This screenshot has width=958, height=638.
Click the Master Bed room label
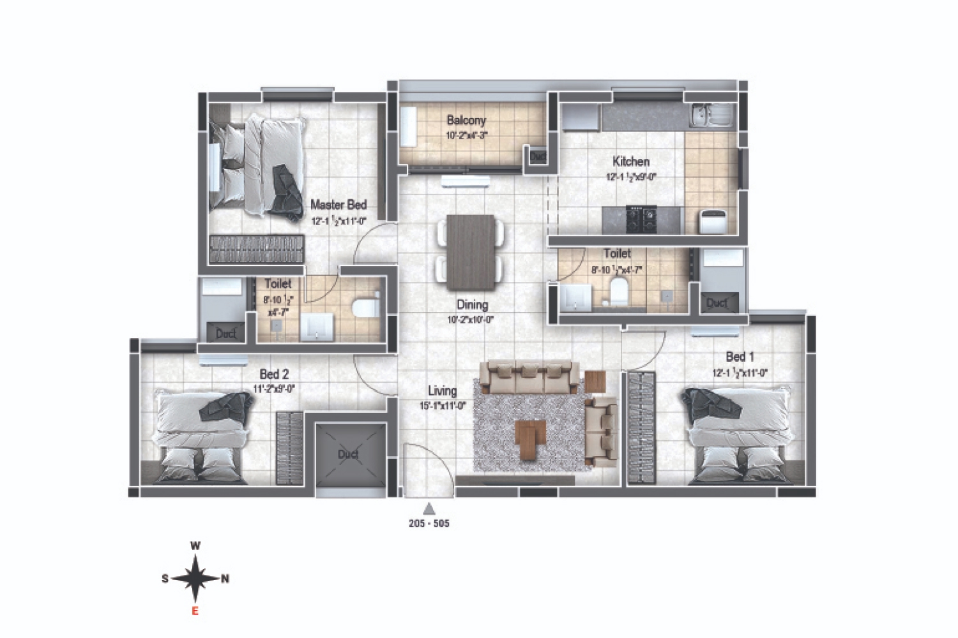pos(338,205)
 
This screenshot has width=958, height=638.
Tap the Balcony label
pos(466,120)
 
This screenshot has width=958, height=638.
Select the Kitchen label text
pos(631,161)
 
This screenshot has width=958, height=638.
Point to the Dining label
pos(472,305)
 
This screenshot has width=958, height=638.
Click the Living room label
pos(442,390)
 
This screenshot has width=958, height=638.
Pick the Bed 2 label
pos(274,374)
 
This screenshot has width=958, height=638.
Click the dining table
pos(471,252)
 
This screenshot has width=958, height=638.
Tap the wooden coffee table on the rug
pos(528,439)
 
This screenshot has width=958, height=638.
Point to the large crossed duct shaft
pos(349,454)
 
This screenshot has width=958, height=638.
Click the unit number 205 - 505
pos(429,524)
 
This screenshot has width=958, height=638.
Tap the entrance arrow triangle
pos(429,508)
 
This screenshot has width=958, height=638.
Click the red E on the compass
pos(195,611)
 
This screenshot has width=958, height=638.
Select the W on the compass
pos(196,545)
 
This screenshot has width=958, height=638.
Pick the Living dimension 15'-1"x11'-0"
pos(442,404)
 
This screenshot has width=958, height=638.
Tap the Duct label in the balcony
pos(538,156)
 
